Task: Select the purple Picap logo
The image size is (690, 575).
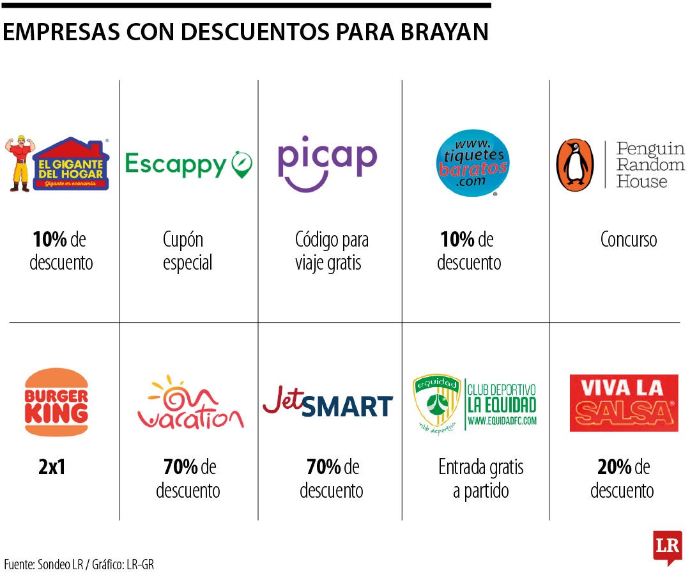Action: (327, 162)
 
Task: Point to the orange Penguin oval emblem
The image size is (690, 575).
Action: (575, 165)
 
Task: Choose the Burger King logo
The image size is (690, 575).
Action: (56, 402)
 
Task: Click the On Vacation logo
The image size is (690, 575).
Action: (190, 404)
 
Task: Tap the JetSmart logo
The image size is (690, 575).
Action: (328, 405)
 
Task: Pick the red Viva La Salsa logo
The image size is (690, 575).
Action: (624, 403)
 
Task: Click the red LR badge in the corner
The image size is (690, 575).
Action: (667, 547)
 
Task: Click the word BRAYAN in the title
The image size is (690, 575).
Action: (448, 32)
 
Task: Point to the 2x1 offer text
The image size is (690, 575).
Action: (52, 468)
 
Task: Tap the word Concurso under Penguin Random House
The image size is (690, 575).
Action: (628, 240)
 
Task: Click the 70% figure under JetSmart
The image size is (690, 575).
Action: (323, 468)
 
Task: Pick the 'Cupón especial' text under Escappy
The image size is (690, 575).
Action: (187, 251)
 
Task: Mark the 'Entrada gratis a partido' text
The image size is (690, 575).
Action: (480, 479)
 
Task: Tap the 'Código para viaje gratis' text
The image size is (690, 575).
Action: (331, 251)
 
